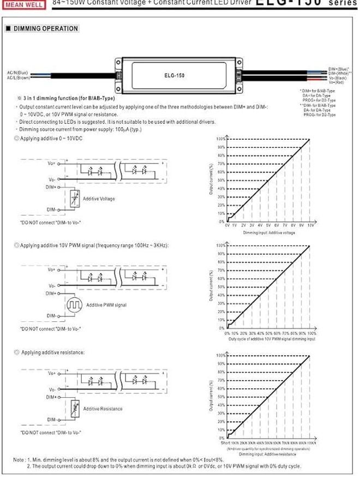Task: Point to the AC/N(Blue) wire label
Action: pyautogui.click(x=17, y=73)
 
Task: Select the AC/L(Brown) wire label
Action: pyautogui.click(x=18, y=77)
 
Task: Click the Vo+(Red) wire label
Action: pyautogui.click(x=337, y=82)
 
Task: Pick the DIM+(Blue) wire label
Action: pyautogui.click(x=338, y=69)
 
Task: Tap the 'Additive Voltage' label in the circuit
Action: pyautogui.click(x=99, y=199)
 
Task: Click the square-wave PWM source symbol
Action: pyautogui.click(x=73, y=306)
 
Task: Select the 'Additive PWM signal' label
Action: pyautogui.click(x=106, y=305)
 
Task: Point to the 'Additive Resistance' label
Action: pyautogui.click(x=103, y=409)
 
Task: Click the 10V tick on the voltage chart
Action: pyautogui.click(x=310, y=225)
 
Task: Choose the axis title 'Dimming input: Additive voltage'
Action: pyautogui.click(x=268, y=232)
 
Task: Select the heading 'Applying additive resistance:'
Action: pyautogui.click(x=52, y=353)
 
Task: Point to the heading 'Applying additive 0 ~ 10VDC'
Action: pyautogui.click(x=51, y=139)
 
